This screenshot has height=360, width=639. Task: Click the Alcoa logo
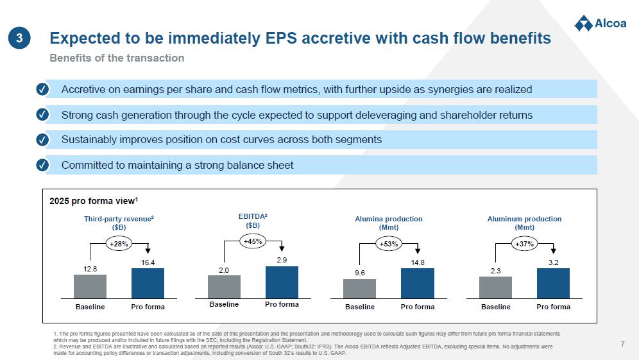pyautogui.click(x=601, y=23)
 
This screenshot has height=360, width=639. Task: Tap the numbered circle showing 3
pyautogui.click(x=19, y=38)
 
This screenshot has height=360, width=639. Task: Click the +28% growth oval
pyautogui.click(x=119, y=244)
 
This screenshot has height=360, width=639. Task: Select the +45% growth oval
pyautogui.click(x=253, y=241)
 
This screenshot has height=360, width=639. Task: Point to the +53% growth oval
pyautogui.click(x=389, y=244)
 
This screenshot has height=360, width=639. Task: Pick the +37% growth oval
pyautogui.click(x=525, y=244)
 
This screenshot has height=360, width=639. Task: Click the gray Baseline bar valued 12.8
pyautogui.click(x=90, y=287)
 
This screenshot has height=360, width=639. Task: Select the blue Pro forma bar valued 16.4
pyautogui.click(x=148, y=284)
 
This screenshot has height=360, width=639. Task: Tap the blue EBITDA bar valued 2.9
pyautogui.click(x=282, y=282)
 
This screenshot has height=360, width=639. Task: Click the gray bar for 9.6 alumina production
pyautogui.click(x=359, y=289)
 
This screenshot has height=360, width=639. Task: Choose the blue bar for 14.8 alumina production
pyautogui.click(x=418, y=284)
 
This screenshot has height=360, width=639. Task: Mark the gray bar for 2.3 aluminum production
pyautogui.click(x=495, y=288)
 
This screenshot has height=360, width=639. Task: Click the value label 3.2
pyautogui.click(x=554, y=262)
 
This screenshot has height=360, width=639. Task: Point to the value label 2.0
pyautogui.click(x=224, y=270)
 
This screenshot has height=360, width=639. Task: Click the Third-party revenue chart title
pyautogui.click(x=119, y=223)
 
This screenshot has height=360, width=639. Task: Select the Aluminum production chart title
pyautogui.click(x=525, y=223)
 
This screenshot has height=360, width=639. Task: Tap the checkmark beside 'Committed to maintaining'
pyautogui.click(x=42, y=165)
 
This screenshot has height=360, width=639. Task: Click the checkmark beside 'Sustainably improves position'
pyautogui.click(x=42, y=140)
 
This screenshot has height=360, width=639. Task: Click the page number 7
pyautogui.click(x=623, y=344)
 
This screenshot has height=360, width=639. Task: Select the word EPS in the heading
pyautogui.click(x=281, y=39)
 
